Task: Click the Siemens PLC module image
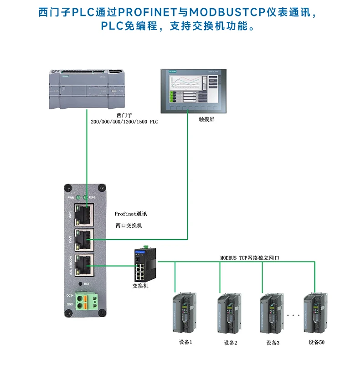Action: point(86,89)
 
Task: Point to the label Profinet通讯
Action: point(131,213)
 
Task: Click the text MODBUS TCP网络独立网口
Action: point(249,257)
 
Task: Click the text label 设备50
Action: point(316,342)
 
